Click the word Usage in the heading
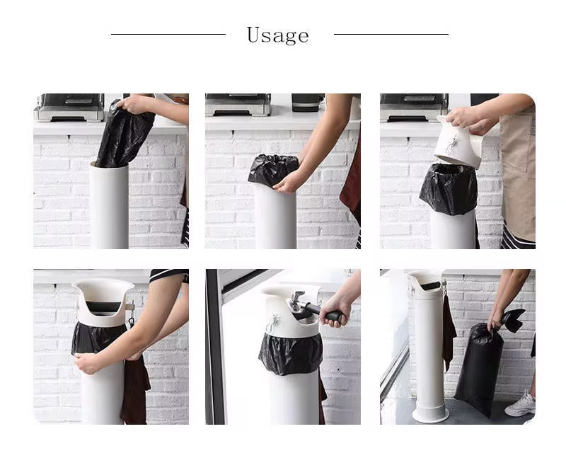point(277,35)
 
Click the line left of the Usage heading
point(168,34)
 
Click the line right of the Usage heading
point(391,34)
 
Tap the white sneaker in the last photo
point(521,403)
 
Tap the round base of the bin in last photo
point(430,413)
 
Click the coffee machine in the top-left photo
point(69,107)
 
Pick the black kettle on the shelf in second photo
point(306,102)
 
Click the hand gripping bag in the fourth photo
point(88,363)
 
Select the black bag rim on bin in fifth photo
point(290,353)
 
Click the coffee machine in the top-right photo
point(414,107)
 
